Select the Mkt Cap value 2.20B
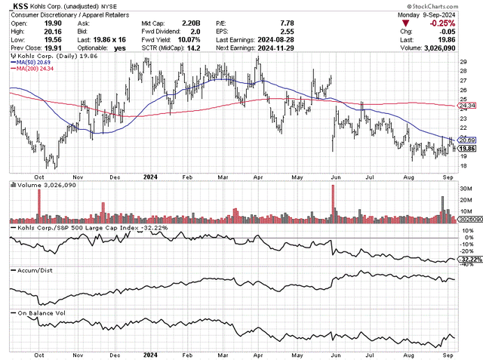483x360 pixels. point(192,23)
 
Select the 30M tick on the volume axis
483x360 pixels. point(466,189)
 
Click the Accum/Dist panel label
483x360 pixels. point(33,269)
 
